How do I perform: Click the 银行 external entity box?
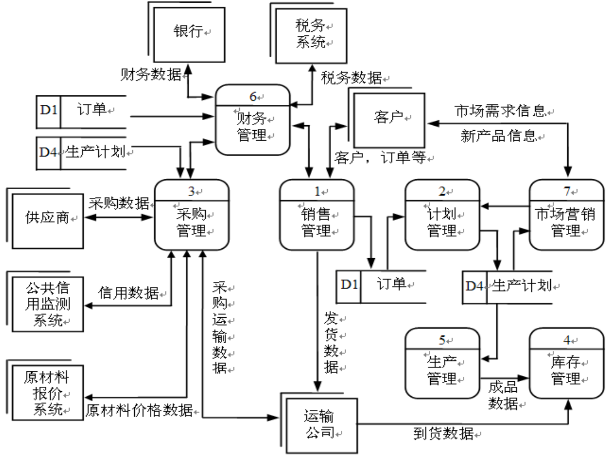(x=189, y=35)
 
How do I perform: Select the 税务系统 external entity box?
(x=311, y=35)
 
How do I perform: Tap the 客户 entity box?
(x=389, y=120)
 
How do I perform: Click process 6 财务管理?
(x=252, y=120)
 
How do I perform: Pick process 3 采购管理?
(x=192, y=215)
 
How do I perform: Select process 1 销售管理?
(x=316, y=215)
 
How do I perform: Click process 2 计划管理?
(x=442, y=215)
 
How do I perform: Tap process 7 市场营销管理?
(x=566, y=215)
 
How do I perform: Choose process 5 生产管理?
(x=442, y=364)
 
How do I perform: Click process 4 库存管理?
(x=566, y=364)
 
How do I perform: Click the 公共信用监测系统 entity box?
(x=47, y=304)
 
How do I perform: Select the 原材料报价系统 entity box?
(x=47, y=393)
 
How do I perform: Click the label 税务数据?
(x=351, y=78)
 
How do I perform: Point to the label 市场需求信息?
(x=500, y=111)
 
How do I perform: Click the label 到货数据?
(x=443, y=434)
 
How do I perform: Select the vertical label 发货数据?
(x=331, y=343)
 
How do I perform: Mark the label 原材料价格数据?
(x=139, y=410)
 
